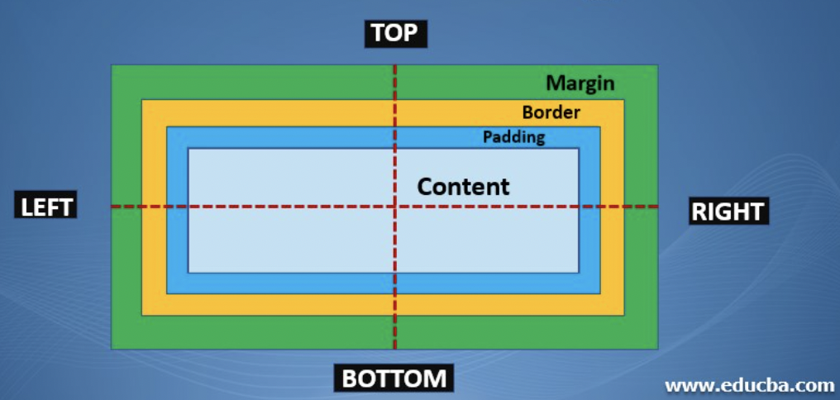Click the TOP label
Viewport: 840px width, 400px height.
[x=395, y=33]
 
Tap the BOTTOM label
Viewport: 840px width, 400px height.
[x=394, y=379]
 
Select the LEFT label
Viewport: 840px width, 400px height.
[x=47, y=207]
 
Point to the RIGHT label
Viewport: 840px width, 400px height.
[x=728, y=212]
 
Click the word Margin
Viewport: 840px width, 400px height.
[x=580, y=83]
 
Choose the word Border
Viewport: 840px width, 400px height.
[x=551, y=112]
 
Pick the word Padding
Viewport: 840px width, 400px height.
[x=513, y=136]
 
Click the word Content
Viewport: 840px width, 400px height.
[x=463, y=186]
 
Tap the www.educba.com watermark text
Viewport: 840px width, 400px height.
[x=749, y=385]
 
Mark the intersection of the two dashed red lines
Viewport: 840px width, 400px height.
[x=395, y=207]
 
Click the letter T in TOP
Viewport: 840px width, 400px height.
[x=379, y=33]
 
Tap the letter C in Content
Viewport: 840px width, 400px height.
[x=426, y=186]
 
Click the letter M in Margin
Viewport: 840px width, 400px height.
[x=555, y=83]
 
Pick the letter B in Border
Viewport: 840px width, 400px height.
[x=527, y=112]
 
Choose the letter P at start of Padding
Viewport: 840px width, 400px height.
[x=488, y=136]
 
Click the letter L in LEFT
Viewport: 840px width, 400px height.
[x=27, y=207]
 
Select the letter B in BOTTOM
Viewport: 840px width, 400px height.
[x=350, y=379]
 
